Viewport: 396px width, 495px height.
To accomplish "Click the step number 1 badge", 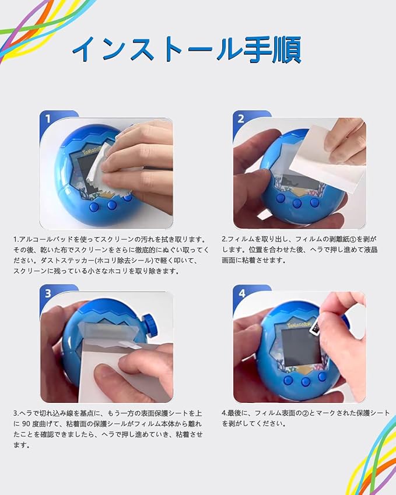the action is coord(48,119).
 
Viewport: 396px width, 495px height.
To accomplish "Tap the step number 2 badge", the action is coord(241,119).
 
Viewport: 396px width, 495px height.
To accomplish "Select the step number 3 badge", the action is coord(48,293).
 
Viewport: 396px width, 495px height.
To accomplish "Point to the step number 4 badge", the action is coord(241,294).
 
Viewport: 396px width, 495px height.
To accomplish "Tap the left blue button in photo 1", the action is coord(94,207).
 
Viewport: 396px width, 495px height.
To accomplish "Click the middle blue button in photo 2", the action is coord(297,203).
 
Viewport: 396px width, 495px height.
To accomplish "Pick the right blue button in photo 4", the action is coord(322,376).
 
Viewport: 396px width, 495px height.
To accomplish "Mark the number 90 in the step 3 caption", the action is coord(26,424).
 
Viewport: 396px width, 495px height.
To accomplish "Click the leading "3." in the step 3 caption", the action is coord(16,413).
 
